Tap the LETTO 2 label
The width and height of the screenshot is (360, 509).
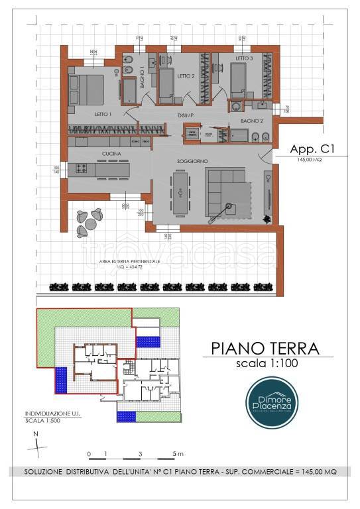(185, 76)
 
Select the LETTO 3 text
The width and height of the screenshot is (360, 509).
(245, 60)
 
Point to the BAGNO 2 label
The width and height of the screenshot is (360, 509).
(252, 121)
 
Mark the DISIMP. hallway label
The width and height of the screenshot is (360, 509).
(185, 115)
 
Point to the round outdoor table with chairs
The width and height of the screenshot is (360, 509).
(88, 221)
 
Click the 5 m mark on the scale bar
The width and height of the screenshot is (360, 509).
(176, 453)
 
